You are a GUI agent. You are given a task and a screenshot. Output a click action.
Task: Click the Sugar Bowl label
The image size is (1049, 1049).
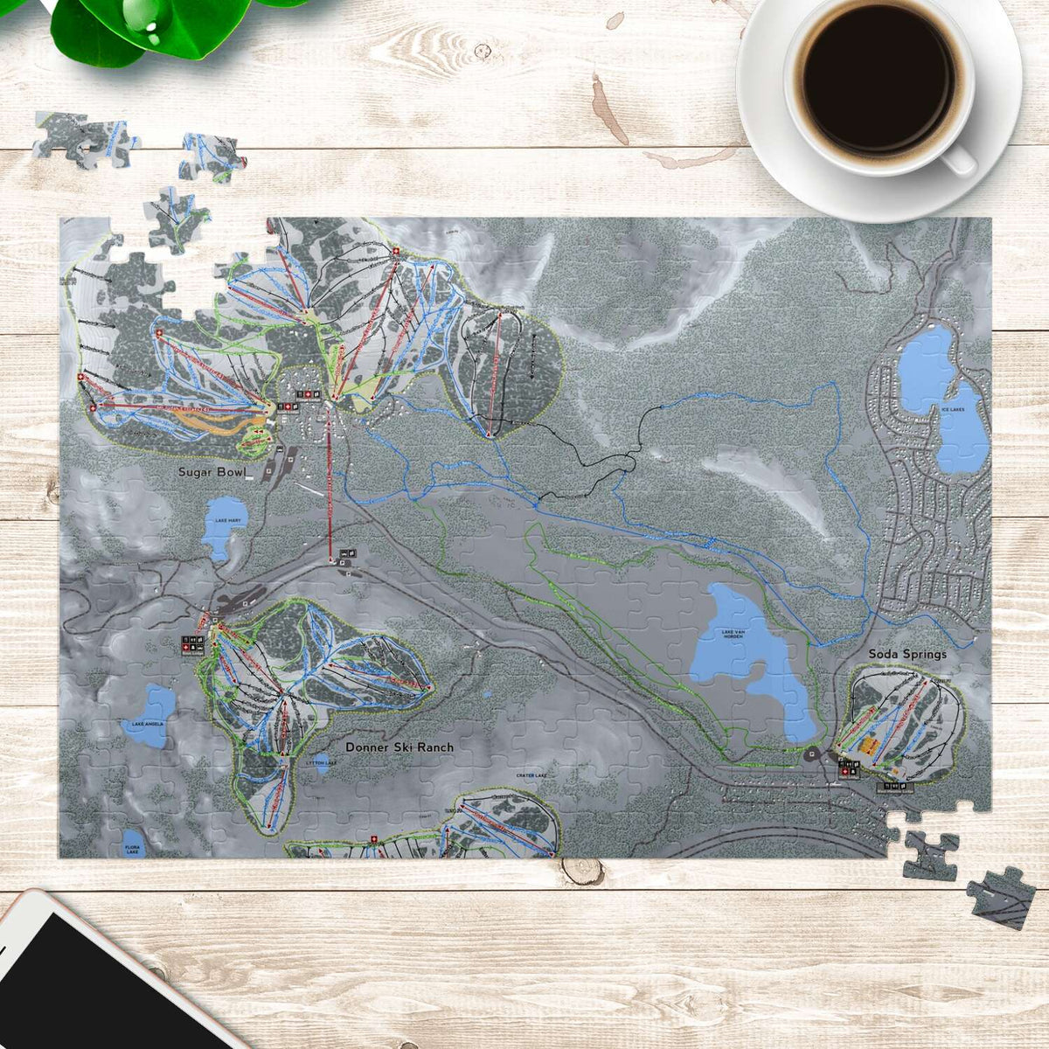point(209,472)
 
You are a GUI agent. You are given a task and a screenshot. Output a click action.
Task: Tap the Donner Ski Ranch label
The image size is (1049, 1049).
point(399,747)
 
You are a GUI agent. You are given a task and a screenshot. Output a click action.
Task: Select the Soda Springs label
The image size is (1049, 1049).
point(907,654)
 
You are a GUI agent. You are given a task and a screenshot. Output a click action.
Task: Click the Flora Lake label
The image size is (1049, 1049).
point(133,849)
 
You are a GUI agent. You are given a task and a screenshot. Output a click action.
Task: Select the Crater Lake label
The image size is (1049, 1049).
point(531,775)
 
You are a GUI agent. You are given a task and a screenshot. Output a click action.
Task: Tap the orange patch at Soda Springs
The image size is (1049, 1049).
point(869,746)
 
